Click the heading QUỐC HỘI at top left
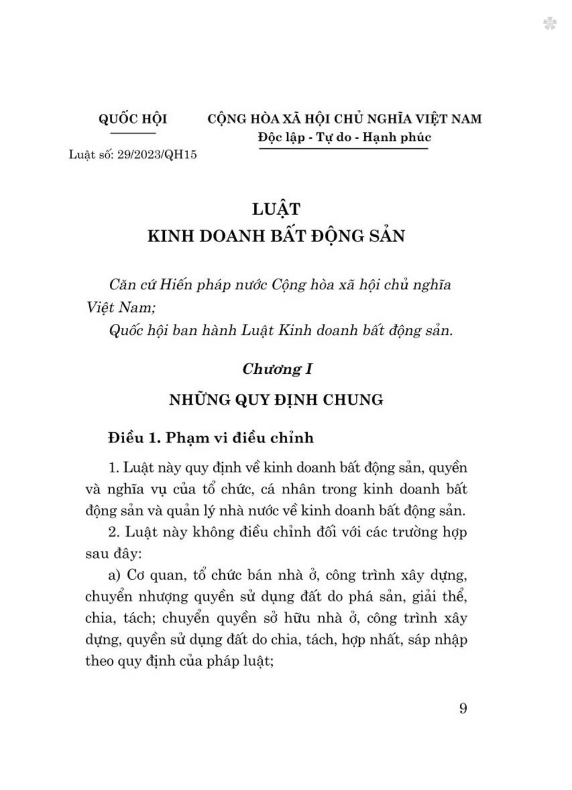[x=133, y=119]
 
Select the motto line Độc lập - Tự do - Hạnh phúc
[x=344, y=137]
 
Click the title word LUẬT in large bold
[x=276, y=209]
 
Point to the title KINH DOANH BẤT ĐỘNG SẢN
[x=276, y=236]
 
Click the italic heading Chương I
[x=277, y=369]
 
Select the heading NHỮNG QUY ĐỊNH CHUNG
[x=276, y=400]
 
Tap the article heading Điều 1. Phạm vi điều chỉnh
[x=211, y=438]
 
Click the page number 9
[x=463, y=709]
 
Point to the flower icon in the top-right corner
[x=550, y=23]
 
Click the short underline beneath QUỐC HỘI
[x=133, y=133]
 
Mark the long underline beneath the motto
[x=344, y=149]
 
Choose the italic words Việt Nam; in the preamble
[x=121, y=307]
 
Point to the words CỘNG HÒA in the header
[x=235, y=119]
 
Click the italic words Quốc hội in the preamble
[x=136, y=330]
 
